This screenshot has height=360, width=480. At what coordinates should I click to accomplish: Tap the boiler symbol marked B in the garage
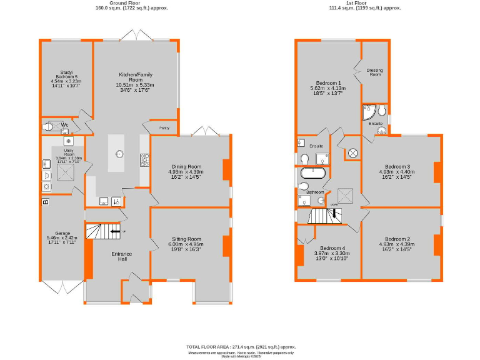click(45, 202)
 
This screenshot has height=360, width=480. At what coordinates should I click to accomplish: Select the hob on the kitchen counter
click(144, 161)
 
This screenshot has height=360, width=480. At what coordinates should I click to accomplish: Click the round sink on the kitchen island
click(119, 154)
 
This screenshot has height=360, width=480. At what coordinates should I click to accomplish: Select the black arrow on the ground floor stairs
click(115, 231)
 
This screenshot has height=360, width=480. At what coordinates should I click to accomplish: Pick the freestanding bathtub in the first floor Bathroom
click(313, 172)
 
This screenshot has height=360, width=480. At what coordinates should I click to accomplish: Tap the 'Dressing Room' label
click(374, 72)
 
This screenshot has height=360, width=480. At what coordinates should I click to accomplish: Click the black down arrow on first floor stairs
click(334, 214)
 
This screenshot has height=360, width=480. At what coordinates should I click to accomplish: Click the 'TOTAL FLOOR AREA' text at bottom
click(241, 346)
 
